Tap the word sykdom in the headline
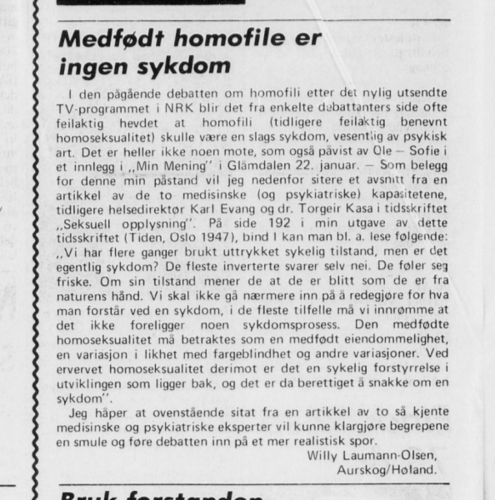click(187, 67)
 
